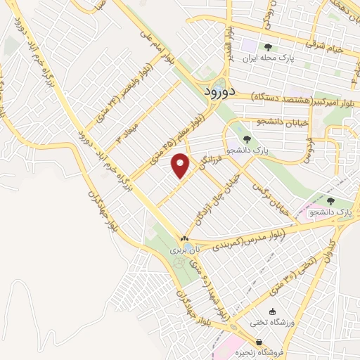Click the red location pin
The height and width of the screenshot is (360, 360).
[x=181, y=165]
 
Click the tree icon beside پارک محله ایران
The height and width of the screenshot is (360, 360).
[x=268, y=48]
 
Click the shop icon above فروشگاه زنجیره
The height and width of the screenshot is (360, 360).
[x=259, y=342]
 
